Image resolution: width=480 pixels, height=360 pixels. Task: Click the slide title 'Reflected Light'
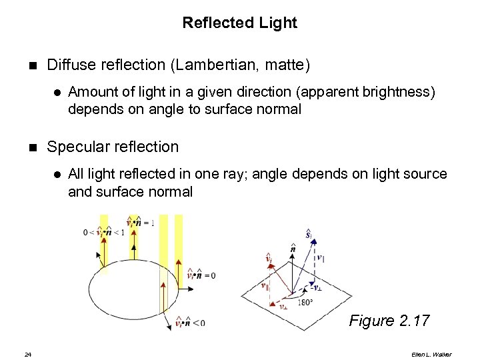pyautogui.click(x=239, y=23)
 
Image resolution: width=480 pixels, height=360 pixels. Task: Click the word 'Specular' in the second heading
pyautogui.click(x=78, y=147)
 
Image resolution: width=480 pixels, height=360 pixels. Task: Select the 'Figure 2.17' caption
pyautogui.click(x=389, y=321)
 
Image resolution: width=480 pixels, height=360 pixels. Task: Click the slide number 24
pyautogui.click(x=27, y=353)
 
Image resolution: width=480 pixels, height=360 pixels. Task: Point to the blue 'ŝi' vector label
pyautogui.click(x=309, y=235)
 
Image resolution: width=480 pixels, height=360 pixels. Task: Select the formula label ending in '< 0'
pyautogui.click(x=190, y=323)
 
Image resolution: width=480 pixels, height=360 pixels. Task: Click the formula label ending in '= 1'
pyautogui.click(x=141, y=223)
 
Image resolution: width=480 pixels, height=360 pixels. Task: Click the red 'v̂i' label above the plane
pyautogui.click(x=269, y=257)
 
